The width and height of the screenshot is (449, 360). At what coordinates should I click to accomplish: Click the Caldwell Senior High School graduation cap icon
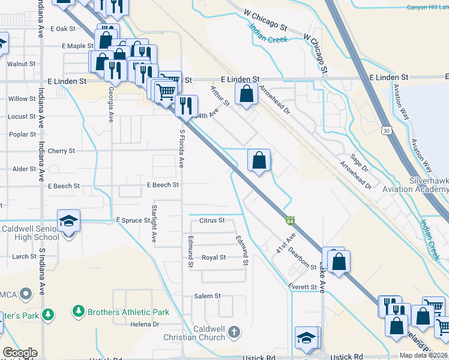pyautogui.click(x=69, y=221)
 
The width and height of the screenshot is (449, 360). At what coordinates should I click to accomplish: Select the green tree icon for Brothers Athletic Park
pyautogui.click(x=78, y=311)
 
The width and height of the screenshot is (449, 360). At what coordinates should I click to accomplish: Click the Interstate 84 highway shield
pyautogui.click(x=290, y=221)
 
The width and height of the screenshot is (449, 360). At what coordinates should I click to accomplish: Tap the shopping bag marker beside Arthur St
pyautogui.click(x=246, y=94)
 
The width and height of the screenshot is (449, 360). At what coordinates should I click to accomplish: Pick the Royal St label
pyautogui.click(x=213, y=257)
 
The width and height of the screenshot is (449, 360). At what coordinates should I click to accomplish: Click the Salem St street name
pyautogui.click(x=208, y=296)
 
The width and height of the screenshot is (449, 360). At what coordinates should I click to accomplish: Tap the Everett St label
pyautogui.click(x=303, y=287)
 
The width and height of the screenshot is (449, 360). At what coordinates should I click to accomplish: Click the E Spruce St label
pyautogui.click(x=133, y=220)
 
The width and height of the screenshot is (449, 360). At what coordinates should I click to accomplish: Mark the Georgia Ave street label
pyautogui.click(x=112, y=104)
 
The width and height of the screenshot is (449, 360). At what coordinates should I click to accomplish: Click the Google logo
pyautogui.click(x=20, y=353)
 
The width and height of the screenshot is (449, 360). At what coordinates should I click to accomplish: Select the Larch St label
pyautogui.click(x=25, y=256)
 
